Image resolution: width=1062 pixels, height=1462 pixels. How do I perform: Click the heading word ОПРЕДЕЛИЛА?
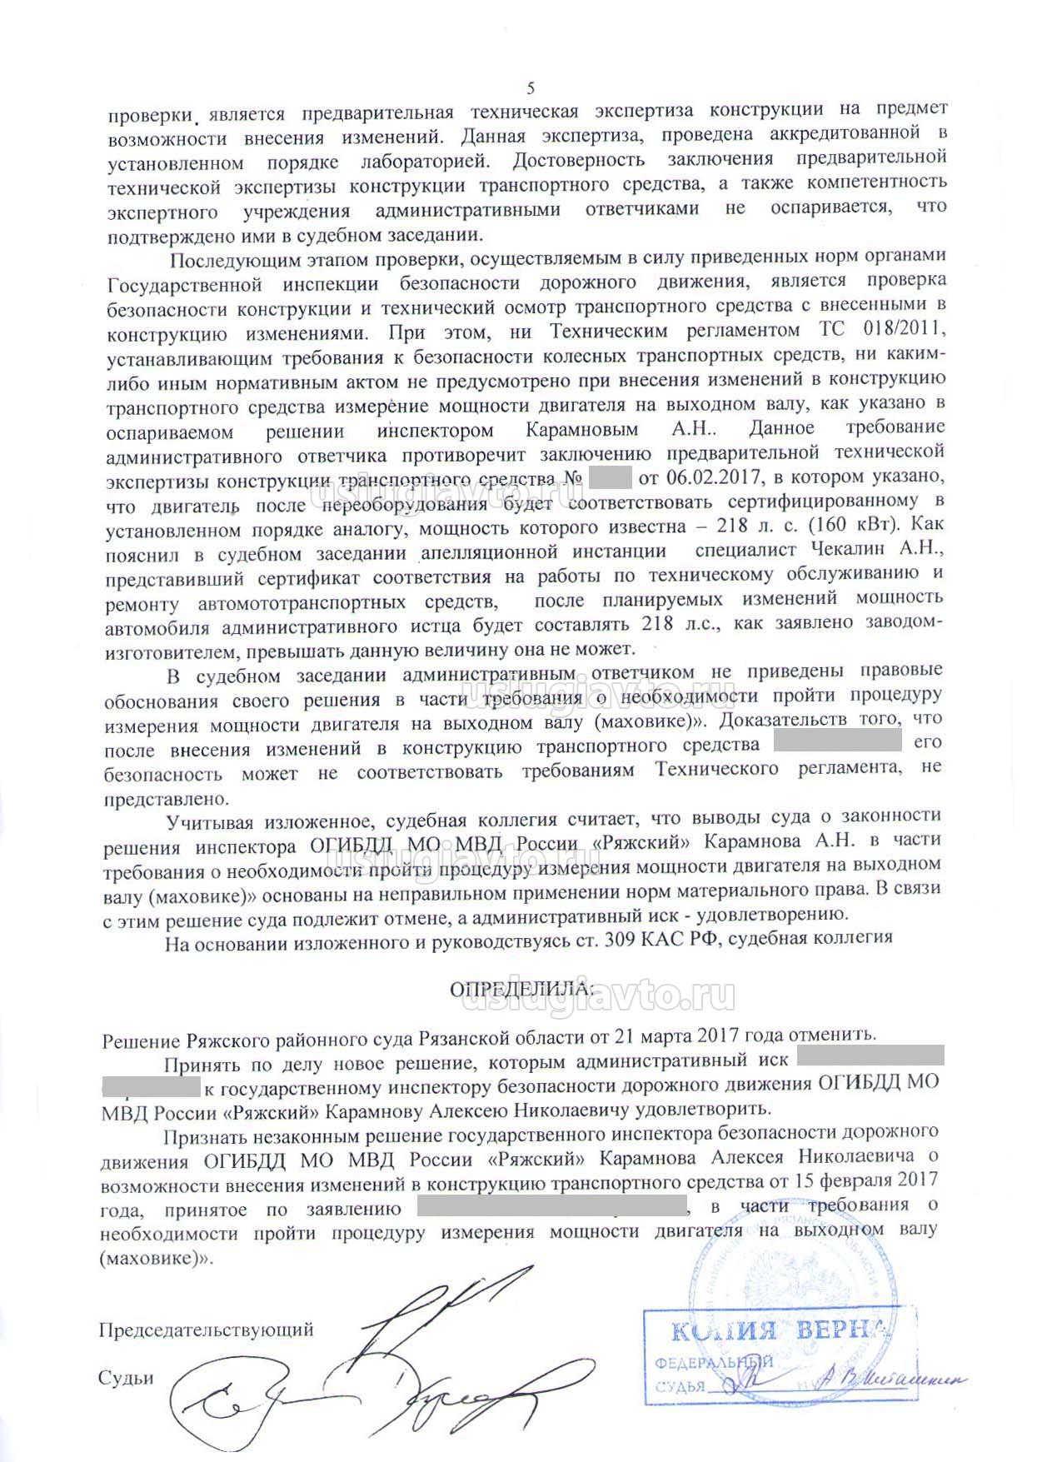pos(522,989)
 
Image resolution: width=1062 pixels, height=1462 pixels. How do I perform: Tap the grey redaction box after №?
pos(610,479)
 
